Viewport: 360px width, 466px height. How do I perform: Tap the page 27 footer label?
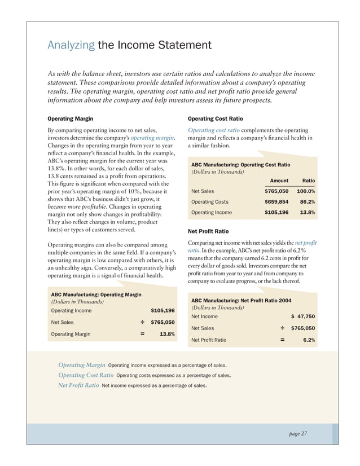[x=296, y=433]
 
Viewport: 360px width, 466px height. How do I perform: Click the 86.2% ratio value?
[x=306, y=201]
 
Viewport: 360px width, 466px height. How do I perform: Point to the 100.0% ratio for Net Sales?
[x=305, y=191]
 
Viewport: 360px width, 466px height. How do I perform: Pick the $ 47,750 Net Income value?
[x=302, y=316]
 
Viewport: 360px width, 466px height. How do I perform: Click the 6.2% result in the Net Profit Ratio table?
[x=308, y=340]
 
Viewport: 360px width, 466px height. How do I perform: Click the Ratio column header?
[x=308, y=181]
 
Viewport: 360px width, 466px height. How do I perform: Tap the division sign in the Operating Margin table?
[x=143, y=322]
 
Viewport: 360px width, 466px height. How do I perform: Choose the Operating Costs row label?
[x=210, y=201]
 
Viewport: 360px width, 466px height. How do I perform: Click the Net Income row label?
[x=205, y=316]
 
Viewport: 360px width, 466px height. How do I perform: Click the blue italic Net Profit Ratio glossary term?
[x=78, y=386]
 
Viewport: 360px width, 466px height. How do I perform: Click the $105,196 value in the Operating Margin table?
[x=163, y=310]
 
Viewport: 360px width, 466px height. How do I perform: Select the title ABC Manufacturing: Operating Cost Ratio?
[x=241, y=164]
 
